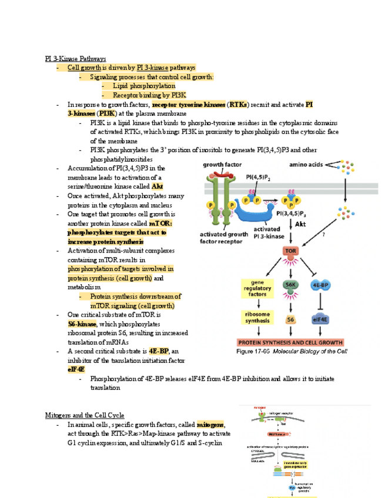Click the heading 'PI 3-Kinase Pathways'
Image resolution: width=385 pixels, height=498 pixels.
(x=76, y=59)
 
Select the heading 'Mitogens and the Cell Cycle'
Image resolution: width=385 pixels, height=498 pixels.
(x=85, y=415)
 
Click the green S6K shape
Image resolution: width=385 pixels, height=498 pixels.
(x=290, y=285)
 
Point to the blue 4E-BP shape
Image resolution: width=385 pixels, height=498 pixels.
(x=320, y=285)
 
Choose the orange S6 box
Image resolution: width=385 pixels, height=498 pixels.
(x=290, y=319)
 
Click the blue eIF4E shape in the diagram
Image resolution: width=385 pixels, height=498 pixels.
(x=320, y=319)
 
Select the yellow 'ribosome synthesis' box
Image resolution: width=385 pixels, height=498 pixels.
(x=257, y=318)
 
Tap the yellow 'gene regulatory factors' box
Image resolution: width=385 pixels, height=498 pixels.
(x=257, y=288)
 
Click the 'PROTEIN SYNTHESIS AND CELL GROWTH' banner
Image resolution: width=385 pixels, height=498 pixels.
(x=290, y=342)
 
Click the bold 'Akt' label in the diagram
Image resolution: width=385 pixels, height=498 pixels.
(x=300, y=224)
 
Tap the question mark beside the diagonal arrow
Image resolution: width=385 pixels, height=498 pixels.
(x=339, y=234)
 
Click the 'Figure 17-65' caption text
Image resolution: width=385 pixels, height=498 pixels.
(x=252, y=351)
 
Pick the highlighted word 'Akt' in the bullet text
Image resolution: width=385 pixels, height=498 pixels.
(x=158, y=186)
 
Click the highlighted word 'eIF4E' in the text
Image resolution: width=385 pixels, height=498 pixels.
(x=76, y=369)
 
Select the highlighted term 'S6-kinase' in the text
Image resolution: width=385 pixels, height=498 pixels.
(x=82, y=324)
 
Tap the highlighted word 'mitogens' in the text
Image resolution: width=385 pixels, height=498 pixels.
(x=210, y=425)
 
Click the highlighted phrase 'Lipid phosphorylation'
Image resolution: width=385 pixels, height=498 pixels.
(x=144, y=86)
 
